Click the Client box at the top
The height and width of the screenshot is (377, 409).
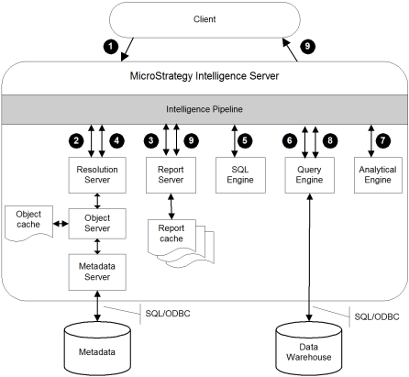click(x=204, y=19)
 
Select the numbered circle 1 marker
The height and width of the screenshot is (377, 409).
click(x=111, y=47)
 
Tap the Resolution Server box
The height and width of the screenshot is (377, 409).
click(x=97, y=175)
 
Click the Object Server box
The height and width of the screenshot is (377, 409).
click(x=97, y=224)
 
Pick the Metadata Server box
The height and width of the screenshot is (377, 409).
click(x=97, y=272)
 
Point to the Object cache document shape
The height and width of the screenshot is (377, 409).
click(x=28, y=223)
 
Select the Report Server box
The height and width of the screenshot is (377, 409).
click(x=171, y=175)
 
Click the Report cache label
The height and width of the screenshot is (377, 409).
click(x=171, y=233)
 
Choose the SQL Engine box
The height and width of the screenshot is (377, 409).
click(x=240, y=175)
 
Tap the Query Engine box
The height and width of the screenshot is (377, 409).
click(x=309, y=175)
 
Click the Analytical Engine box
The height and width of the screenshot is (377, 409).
click(x=378, y=175)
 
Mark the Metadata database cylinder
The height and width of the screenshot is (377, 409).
click(x=97, y=349)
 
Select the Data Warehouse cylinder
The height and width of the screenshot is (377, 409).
click(x=309, y=349)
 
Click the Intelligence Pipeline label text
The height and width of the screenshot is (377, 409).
click(x=204, y=109)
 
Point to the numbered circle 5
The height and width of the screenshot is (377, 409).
click(x=245, y=140)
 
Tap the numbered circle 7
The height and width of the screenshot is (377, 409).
click(x=382, y=140)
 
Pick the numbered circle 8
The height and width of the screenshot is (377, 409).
click(x=330, y=140)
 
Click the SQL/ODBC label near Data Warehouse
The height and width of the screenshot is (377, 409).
click(x=377, y=316)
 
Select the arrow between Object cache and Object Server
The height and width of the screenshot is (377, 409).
click(x=61, y=224)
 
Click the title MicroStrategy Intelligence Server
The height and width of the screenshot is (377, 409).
click(x=204, y=76)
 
